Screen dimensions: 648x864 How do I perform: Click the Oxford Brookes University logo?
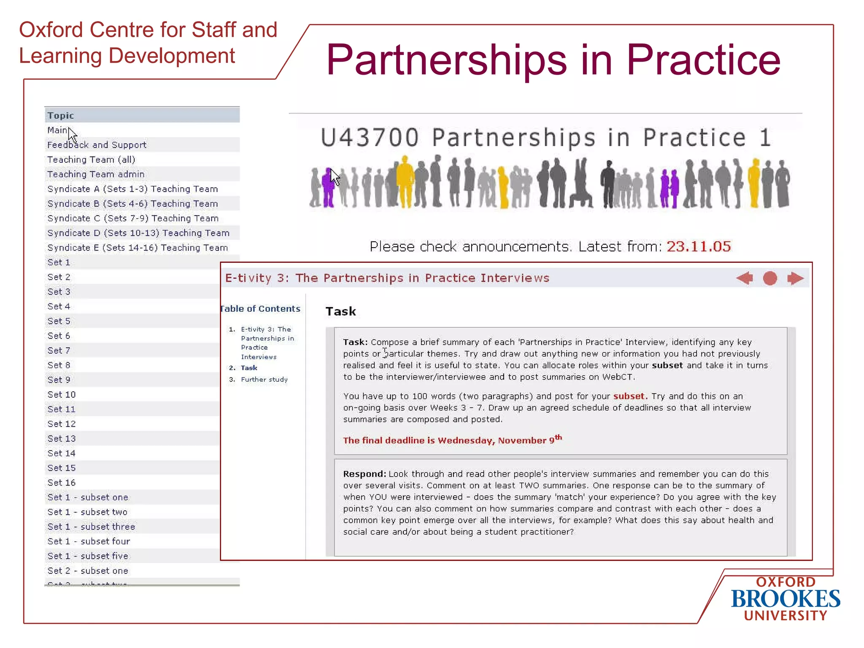[785, 599]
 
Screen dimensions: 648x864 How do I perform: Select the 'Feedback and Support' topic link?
[97, 145]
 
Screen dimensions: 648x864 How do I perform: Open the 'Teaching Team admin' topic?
[96, 174]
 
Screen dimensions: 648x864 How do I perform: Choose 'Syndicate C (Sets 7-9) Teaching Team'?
[133, 218]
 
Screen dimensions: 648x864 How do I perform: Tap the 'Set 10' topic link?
[62, 394]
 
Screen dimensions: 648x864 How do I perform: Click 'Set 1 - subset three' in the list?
[91, 526]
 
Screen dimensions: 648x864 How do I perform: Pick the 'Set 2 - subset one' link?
[88, 571]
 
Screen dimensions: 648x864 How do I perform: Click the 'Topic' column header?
[61, 115]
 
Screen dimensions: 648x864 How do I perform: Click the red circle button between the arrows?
[770, 278]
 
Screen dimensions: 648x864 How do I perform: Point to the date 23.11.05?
[699, 246]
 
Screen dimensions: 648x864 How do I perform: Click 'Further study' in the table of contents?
[264, 379]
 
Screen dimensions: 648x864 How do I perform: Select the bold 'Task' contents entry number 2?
[249, 368]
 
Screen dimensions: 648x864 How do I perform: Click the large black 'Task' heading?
[341, 311]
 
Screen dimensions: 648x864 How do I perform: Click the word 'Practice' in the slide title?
[703, 60]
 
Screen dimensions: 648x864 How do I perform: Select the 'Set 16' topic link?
[62, 483]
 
